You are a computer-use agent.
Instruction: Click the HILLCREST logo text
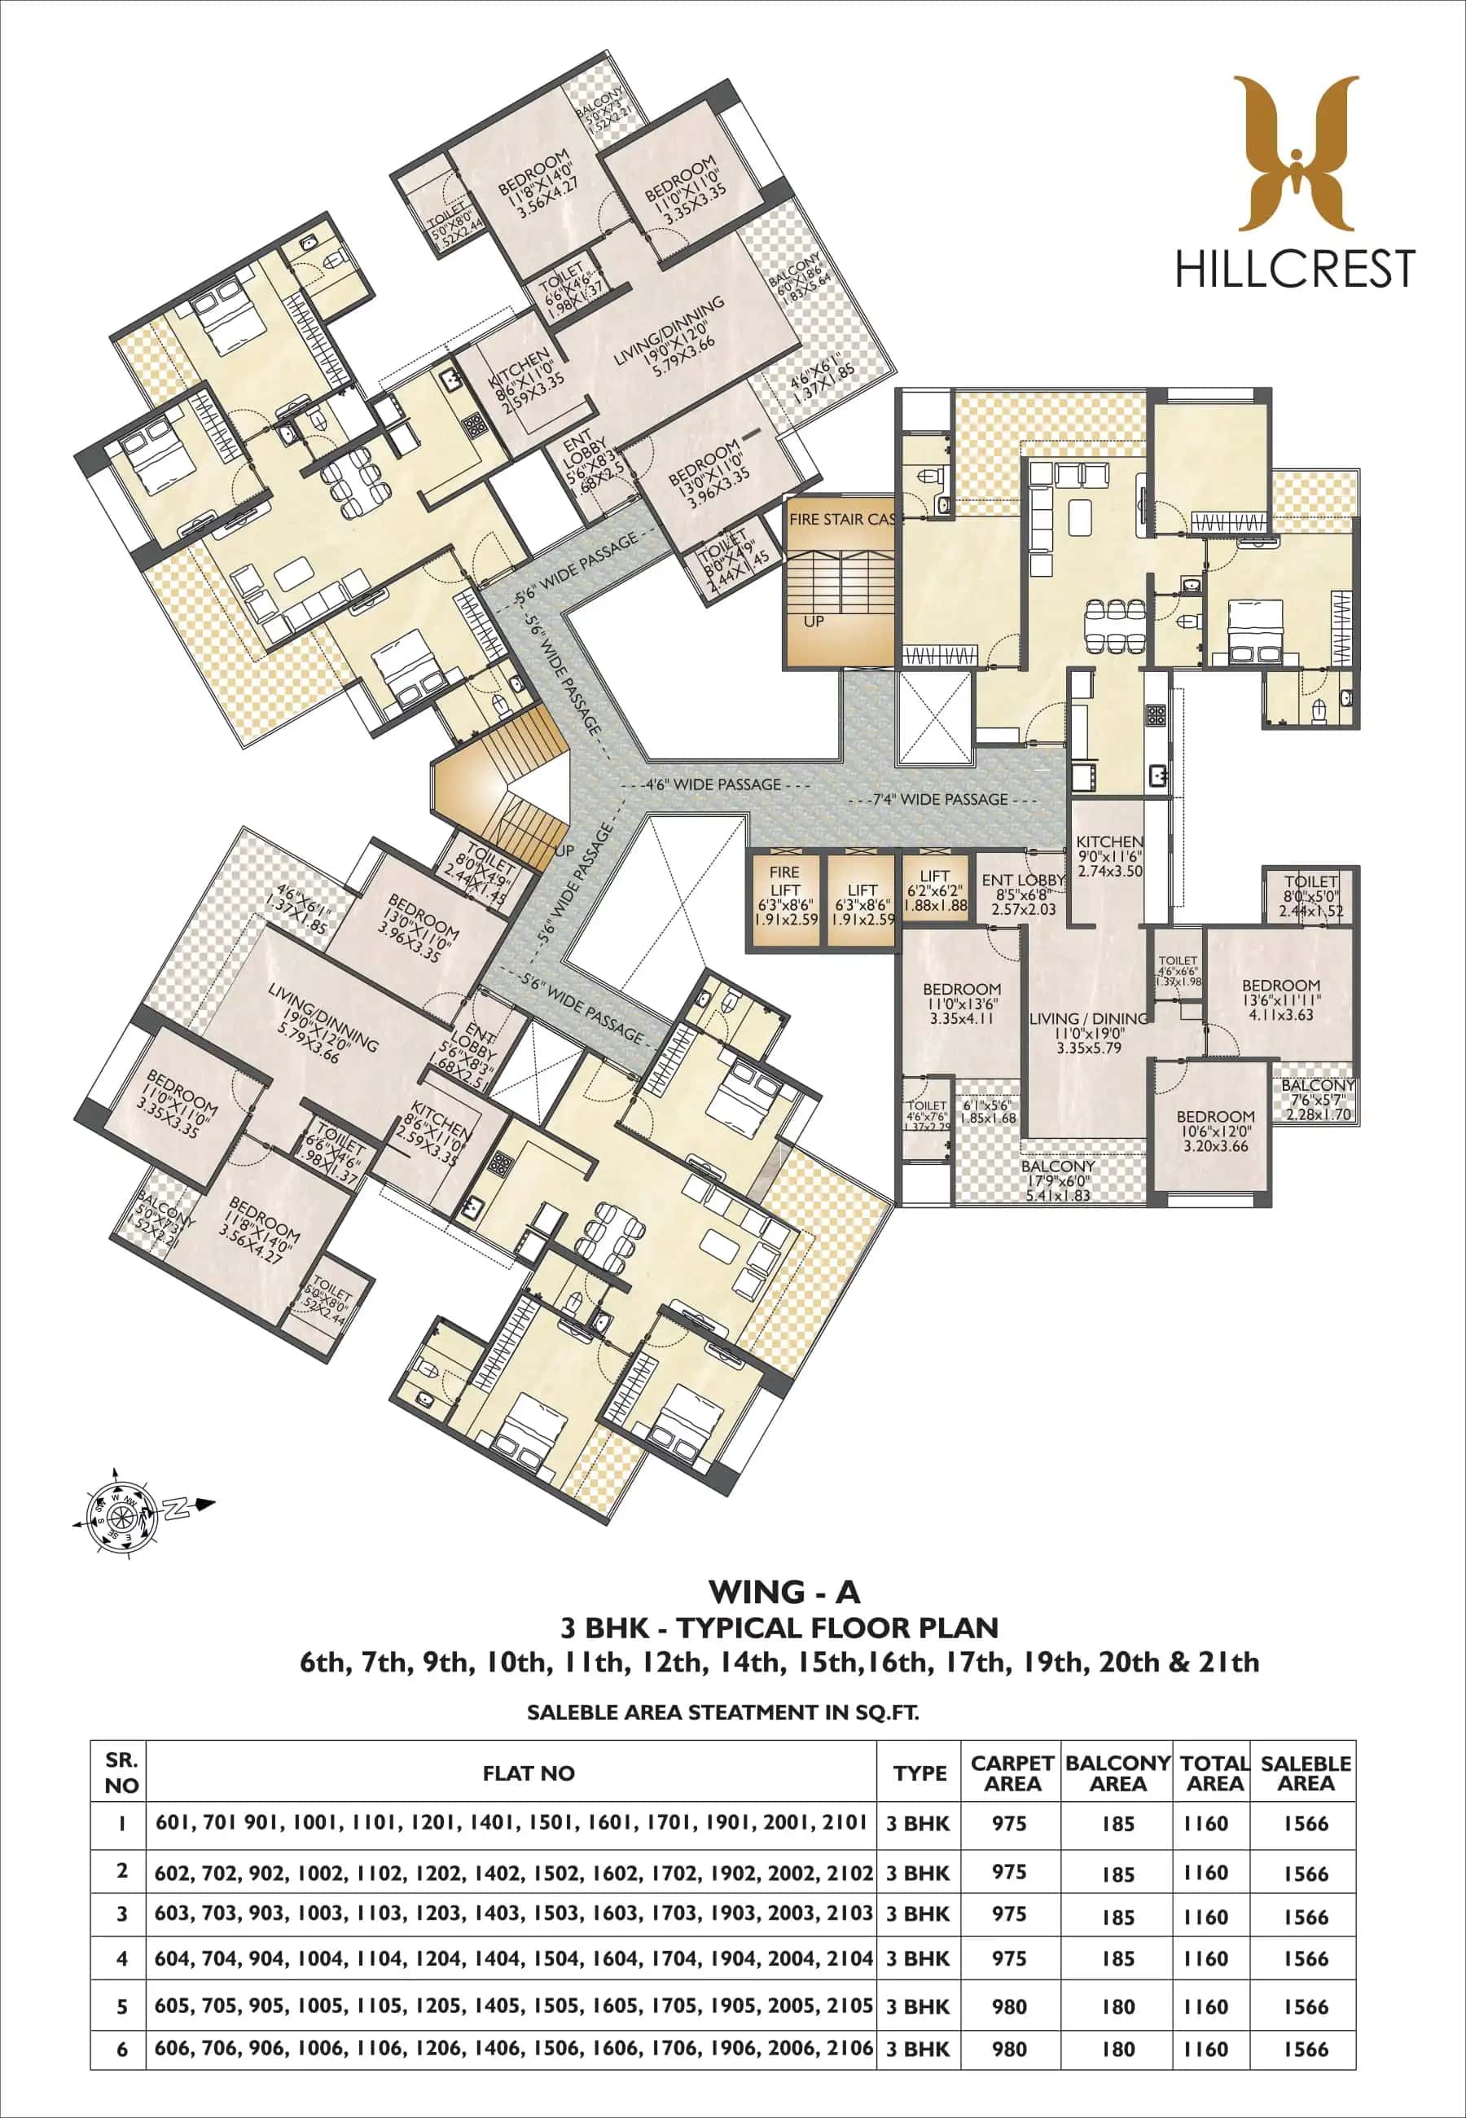pos(1294,269)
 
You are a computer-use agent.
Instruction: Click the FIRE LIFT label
pos(785,880)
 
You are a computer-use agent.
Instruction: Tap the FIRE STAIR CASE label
pos(841,519)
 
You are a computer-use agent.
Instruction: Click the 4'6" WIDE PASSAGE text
pos(713,784)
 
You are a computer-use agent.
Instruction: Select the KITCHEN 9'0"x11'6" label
pos(1109,855)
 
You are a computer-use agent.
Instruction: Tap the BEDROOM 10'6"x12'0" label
pos(1215,1132)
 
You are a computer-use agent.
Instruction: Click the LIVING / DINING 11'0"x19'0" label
pos(1087,1032)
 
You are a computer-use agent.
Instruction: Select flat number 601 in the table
pos(173,1821)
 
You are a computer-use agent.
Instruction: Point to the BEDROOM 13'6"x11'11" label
pos(1280,1000)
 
